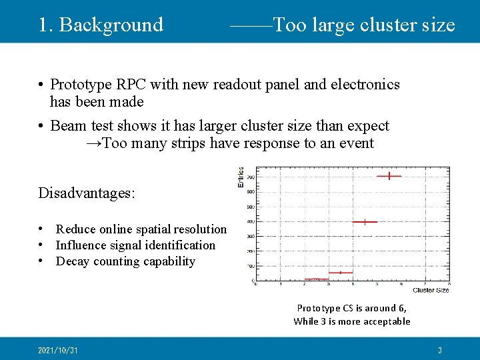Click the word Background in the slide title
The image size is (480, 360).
click(x=111, y=25)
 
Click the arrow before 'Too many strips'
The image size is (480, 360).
click(x=94, y=143)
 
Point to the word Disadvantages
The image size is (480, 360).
click(x=87, y=193)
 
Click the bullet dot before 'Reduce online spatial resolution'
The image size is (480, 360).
click(x=41, y=229)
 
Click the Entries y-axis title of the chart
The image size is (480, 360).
click(x=241, y=177)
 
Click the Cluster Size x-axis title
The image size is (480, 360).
click(x=431, y=290)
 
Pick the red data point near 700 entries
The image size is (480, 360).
click(x=389, y=176)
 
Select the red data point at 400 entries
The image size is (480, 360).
click(x=365, y=221)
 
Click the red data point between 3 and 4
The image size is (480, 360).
click(x=340, y=272)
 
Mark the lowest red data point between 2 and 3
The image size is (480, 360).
click(x=316, y=279)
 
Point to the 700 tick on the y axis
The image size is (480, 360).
click(x=250, y=177)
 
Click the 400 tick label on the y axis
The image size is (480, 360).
click(x=250, y=221)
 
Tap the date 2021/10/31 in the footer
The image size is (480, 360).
click(x=58, y=350)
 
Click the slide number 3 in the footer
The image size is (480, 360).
click(x=439, y=350)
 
